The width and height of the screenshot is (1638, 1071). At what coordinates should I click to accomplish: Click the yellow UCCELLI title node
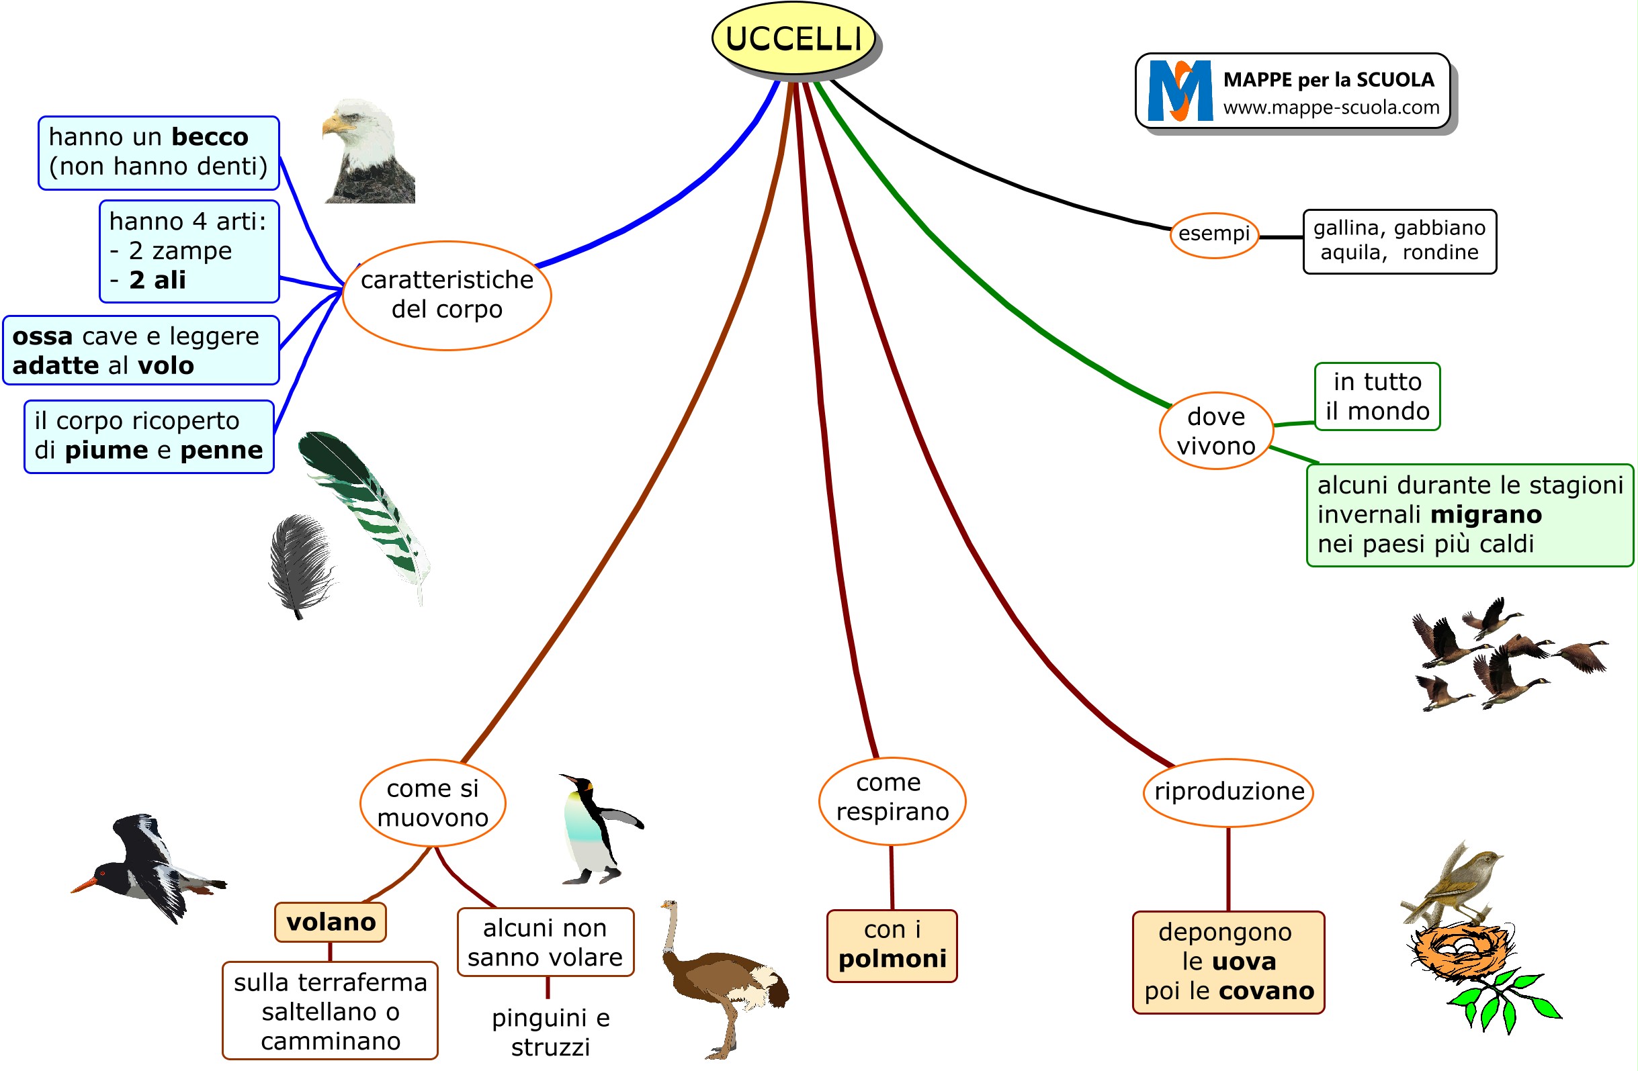tap(793, 38)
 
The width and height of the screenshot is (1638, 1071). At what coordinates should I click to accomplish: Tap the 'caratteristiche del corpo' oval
tap(447, 295)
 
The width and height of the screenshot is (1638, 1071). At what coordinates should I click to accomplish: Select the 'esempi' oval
tap(1214, 234)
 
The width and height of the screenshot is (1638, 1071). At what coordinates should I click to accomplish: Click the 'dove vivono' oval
tap(1215, 431)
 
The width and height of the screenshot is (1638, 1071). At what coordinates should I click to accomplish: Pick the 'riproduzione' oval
tap(1228, 792)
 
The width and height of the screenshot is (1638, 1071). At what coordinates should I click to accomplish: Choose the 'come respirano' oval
tap(892, 798)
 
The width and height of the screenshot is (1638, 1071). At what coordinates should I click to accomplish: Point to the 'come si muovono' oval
tap(432, 802)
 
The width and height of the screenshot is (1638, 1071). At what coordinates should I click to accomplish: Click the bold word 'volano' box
tap(331, 923)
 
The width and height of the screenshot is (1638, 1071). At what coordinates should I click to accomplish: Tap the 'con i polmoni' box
tap(892, 945)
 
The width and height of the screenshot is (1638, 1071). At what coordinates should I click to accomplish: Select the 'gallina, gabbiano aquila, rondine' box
tap(1399, 242)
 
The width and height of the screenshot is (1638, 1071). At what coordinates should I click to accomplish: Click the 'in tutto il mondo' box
tap(1377, 397)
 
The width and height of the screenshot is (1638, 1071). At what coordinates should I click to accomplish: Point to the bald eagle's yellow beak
tap(333, 125)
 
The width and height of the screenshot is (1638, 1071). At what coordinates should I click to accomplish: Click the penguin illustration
tap(596, 829)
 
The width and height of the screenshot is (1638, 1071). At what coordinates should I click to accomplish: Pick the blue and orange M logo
tap(1180, 91)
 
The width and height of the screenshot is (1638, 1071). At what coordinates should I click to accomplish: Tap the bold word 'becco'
tap(209, 137)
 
